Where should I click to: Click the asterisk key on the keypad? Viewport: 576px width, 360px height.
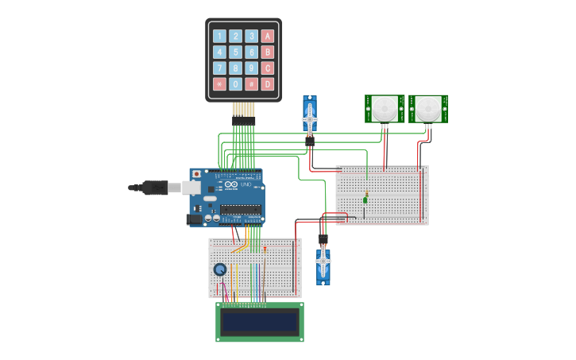tap(219, 84)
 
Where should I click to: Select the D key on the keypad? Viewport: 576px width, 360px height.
tap(268, 84)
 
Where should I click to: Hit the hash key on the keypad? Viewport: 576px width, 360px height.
tap(252, 84)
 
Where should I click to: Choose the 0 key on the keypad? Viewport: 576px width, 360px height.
tap(235, 84)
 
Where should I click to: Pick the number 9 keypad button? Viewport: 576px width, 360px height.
tap(252, 68)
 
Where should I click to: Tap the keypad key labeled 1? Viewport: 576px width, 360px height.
tap(219, 36)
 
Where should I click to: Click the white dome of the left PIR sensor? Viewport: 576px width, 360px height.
tap(385, 106)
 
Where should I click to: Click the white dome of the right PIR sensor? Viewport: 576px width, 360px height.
tap(428, 106)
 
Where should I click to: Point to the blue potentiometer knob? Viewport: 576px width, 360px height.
tap(220, 269)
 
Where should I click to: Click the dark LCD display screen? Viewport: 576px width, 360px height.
tap(260, 322)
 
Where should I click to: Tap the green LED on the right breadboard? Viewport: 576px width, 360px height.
tap(366, 195)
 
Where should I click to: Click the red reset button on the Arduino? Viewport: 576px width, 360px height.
tap(196, 173)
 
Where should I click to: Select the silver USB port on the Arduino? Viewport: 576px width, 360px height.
tap(192, 188)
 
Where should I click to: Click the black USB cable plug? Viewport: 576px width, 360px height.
tap(155, 188)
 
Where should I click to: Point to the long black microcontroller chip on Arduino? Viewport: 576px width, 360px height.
tap(241, 210)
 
